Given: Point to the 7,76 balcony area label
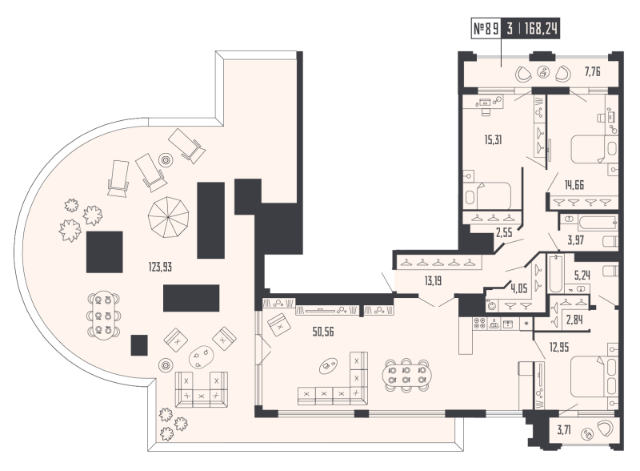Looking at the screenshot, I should coord(593,72).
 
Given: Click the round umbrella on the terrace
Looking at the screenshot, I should coord(170,214).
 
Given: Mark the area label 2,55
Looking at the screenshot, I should coord(504,234).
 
